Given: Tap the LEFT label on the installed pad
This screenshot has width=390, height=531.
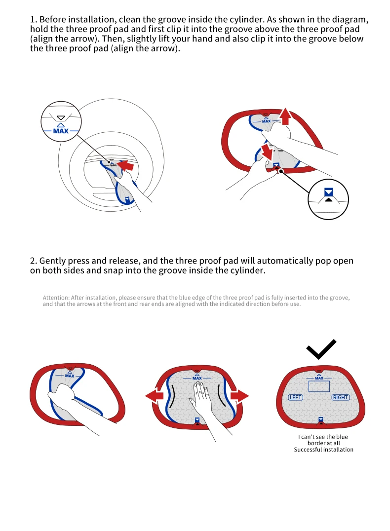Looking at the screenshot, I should (x=296, y=397).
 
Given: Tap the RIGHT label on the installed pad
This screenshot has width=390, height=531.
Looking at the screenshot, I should (x=341, y=397).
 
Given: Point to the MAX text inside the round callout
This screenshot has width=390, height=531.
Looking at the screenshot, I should (x=61, y=131).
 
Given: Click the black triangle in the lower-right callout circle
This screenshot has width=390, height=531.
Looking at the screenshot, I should (x=329, y=199).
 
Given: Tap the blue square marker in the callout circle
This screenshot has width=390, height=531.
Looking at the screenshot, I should (x=329, y=191).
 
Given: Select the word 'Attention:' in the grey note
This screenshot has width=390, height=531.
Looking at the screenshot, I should (x=56, y=298).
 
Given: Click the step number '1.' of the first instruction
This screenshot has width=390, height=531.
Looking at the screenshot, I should (x=34, y=20).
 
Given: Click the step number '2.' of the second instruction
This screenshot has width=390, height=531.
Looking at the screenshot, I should (x=34, y=261).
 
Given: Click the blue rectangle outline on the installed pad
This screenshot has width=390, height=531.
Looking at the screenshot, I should (x=319, y=386).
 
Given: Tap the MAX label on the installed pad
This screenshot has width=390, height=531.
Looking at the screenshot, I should (x=319, y=378).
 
